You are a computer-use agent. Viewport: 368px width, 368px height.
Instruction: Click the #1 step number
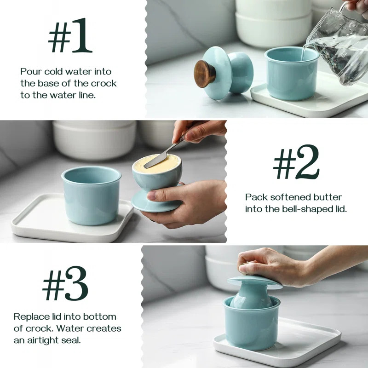click(70, 38)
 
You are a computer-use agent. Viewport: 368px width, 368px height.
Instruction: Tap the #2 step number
click(296, 162)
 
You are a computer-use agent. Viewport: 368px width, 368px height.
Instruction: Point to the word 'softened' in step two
click(290, 197)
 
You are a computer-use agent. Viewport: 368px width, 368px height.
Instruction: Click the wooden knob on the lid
click(205, 74)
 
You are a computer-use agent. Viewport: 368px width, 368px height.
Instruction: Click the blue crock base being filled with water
click(291, 76)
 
